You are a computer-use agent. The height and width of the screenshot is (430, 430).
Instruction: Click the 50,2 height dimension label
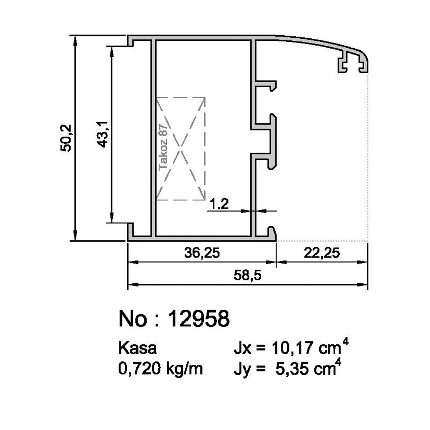point(67,138)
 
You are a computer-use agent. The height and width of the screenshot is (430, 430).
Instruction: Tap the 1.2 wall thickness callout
point(219,204)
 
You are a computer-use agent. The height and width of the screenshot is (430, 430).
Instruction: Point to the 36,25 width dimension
point(201,253)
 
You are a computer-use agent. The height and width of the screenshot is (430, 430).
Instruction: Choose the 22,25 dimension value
point(321,253)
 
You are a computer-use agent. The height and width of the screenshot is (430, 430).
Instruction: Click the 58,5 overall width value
point(249,276)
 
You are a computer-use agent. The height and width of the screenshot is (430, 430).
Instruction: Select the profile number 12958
point(198,319)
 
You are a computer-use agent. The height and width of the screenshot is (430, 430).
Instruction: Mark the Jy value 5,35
point(291,368)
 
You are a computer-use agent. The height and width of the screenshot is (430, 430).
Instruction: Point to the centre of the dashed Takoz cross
point(181,148)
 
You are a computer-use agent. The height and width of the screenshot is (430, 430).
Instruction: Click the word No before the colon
point(131,319)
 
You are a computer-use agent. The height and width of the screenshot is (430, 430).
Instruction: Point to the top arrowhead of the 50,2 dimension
point(75,40)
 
